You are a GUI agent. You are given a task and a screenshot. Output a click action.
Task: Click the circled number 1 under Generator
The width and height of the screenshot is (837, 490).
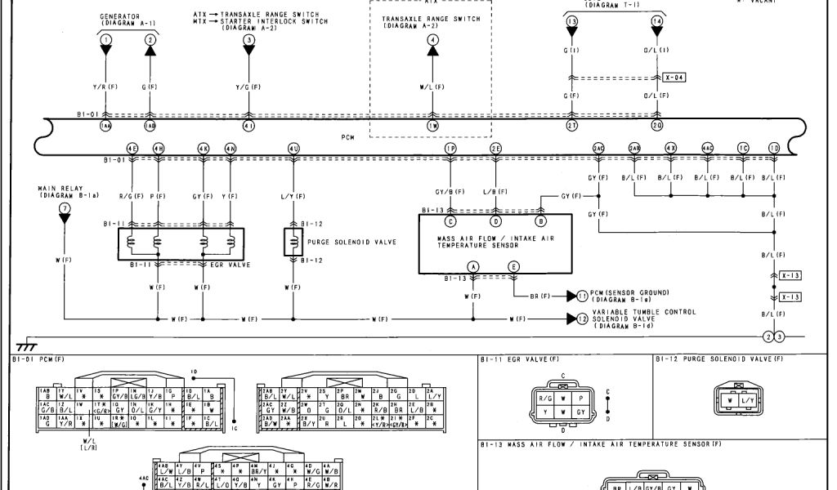pyautogui.click(x=105, y=40)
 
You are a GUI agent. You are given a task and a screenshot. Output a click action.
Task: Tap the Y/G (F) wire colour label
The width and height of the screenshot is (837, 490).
pyautogui.click(x=248, y=87)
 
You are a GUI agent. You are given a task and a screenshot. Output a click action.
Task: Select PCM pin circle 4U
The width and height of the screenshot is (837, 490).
pyautogui.click(x=293, y=148)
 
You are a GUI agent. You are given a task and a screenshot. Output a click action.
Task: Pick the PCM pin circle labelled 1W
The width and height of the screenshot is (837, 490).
pyautogui.click(x=432, y=126)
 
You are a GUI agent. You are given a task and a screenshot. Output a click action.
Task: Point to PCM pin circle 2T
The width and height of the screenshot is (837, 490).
pyautogui.click(x=571, y=126)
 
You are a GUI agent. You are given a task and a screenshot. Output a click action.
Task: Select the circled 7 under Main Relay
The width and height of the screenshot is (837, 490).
pyautogui.click(x=65, y=208)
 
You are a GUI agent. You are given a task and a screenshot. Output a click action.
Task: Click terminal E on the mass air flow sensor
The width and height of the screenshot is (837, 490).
pyautogui.click(x=513, y=267)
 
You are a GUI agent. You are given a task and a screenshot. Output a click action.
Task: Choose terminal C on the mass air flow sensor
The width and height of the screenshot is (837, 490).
pyautogui.click(x=450, y=220)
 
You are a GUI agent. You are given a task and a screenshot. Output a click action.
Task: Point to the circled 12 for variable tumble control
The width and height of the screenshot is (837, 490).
pyautogui.click(x=582, y=318)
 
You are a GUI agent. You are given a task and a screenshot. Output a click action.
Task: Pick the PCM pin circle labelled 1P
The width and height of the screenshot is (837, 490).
pyautogui.click(x=450, y=148)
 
